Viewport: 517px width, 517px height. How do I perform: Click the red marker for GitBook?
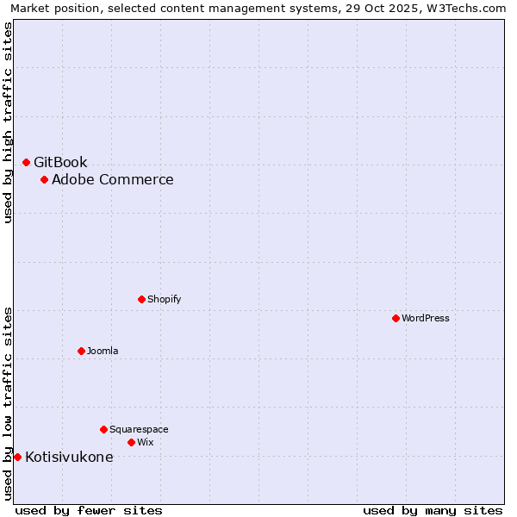pos(26,162)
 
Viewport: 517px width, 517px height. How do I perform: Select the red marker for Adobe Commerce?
pos(44,179)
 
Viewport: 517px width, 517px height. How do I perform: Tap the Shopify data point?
pos(141,299)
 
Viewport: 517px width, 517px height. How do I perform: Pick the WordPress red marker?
pos(396,318)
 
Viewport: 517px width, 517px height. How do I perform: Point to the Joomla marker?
pos(81,351)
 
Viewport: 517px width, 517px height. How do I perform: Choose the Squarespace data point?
pos(103,429)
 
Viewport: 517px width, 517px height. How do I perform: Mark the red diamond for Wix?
pos(131,442)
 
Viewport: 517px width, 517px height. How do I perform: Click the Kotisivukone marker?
pos(17,457)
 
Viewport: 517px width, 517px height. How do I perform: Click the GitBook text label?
pos(60,162)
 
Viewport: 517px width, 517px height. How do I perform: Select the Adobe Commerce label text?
pos(112,179)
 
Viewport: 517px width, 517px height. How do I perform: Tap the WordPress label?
pos(425,318)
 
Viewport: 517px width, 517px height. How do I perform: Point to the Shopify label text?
pos(164,299)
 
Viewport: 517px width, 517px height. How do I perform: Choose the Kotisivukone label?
pos(69,457)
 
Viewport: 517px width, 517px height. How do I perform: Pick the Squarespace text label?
pos(139,429)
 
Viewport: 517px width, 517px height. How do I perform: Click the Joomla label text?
pos(103,351)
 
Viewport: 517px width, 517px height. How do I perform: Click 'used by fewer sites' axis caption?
pos(89,510)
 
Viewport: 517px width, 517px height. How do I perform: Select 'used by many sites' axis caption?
pos(433,510)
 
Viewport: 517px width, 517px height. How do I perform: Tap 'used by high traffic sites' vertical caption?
pos(8,122)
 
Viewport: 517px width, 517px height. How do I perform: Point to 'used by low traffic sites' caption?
pos(8,403)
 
